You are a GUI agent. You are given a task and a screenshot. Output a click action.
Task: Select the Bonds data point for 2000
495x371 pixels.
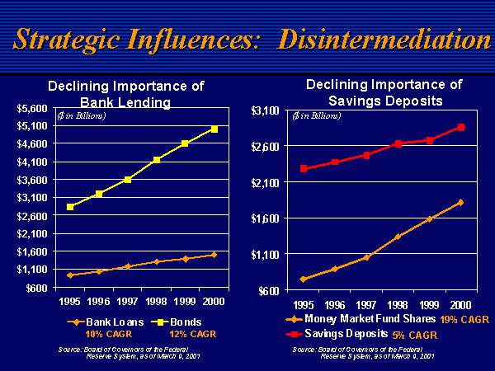point(214,129)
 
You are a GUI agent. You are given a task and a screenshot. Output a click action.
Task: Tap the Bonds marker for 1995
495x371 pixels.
point(70,207)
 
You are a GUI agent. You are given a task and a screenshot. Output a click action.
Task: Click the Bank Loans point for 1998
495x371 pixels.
point(157,261)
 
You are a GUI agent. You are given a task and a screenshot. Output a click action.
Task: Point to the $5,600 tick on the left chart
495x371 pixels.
point(33,108)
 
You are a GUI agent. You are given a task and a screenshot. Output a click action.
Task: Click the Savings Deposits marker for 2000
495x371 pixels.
point(461,127)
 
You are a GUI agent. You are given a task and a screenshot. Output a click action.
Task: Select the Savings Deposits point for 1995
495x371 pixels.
point(304,169)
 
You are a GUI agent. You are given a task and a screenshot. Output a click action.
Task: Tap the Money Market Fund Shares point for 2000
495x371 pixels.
point(460,202)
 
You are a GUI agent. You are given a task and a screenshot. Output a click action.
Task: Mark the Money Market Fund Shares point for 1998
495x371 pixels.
point(398,237)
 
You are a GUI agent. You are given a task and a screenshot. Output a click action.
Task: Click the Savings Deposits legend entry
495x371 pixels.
point(346,334)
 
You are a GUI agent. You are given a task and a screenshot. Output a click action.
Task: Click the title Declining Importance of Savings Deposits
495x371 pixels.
point(384,92)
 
